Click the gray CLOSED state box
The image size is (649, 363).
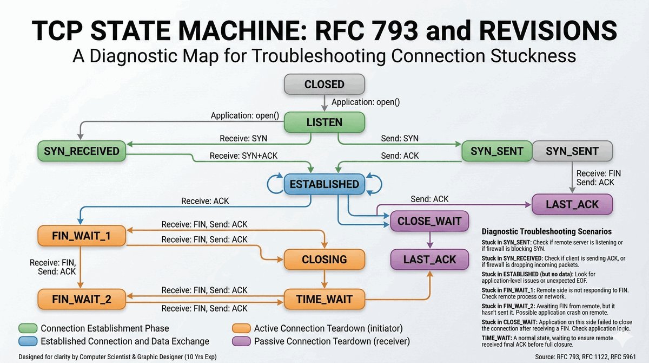click(x=324, y=85)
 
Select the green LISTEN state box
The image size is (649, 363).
click(x=324, y=122)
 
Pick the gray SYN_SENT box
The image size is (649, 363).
click(x=572, y=151)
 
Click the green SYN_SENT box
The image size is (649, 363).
click(x=496, y=151)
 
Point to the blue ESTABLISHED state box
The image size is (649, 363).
click(x=324, y=184)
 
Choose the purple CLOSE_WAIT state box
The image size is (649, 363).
click(x=429, y=221)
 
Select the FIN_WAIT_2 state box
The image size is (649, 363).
click(x=82, y=299)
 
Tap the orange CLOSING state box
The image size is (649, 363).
click(x=324, y=259)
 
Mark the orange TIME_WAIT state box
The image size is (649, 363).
click(x=324, y=299)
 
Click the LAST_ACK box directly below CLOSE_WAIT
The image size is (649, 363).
click(x=429, y=259)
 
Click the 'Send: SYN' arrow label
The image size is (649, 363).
click(x=399, y=139)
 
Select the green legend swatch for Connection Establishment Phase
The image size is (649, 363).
click(x=27, y=328)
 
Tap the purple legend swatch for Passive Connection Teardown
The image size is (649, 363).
click(x=241, y=341)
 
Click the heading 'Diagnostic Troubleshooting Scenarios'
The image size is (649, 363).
click(x=546, y=231)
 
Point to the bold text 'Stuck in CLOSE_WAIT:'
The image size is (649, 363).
click(x=510, y=322)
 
